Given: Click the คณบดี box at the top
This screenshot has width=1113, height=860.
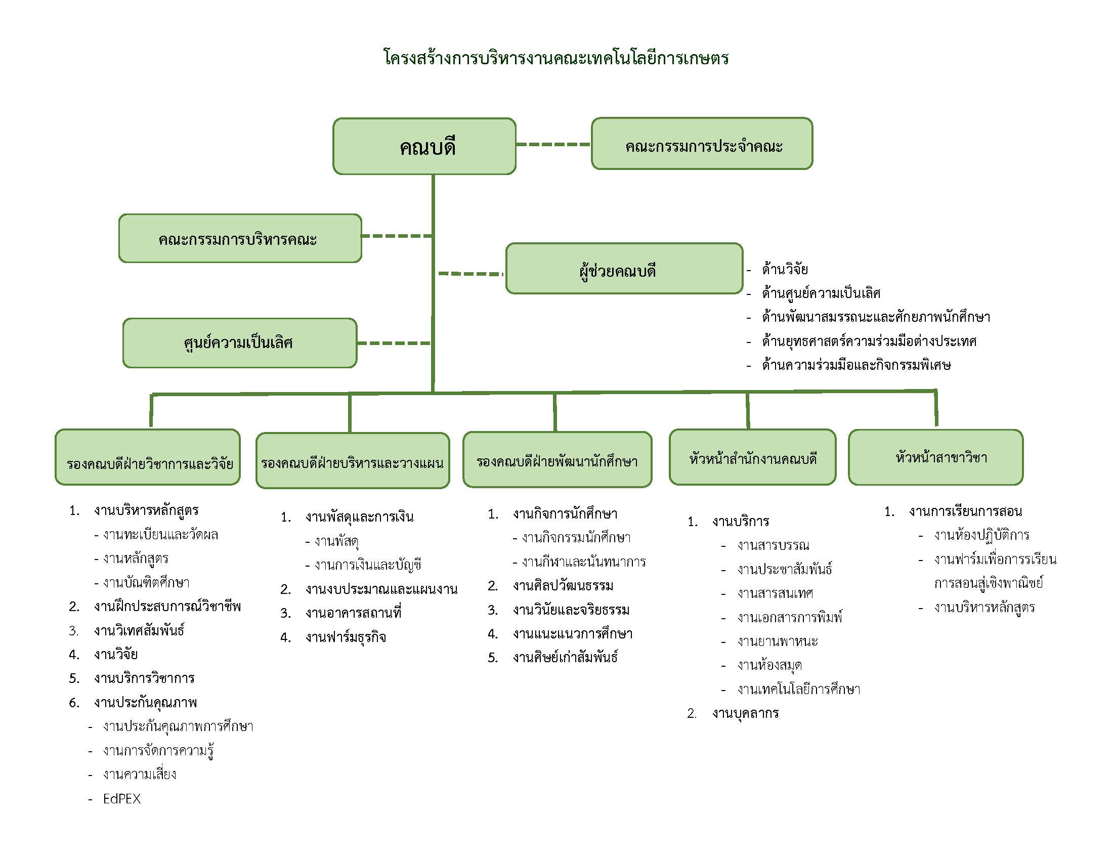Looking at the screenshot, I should [424, 146].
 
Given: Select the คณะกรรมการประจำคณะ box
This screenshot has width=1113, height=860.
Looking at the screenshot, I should [702, 144].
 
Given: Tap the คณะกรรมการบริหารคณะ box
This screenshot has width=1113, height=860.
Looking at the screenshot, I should [240, 238].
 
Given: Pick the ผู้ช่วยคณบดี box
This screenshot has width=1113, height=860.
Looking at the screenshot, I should [624, 269].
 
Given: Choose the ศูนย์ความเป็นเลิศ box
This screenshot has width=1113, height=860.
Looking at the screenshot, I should [239, 343].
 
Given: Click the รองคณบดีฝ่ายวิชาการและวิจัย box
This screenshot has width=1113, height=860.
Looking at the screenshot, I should [148, 457].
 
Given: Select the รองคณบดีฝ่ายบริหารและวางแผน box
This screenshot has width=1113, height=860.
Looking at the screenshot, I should [353, 460].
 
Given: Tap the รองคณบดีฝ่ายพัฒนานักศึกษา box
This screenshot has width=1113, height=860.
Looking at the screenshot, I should [557, 459].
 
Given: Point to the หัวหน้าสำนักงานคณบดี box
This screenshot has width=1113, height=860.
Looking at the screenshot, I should [752, 457].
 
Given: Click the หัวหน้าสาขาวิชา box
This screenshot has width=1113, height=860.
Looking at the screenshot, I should [935, 457].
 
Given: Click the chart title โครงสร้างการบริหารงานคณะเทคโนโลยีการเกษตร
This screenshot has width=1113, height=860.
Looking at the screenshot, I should [556, 58].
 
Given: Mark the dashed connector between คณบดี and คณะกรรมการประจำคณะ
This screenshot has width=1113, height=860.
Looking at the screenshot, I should [553, 144].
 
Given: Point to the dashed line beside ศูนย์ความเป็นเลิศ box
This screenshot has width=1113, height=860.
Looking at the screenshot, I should [394, 343].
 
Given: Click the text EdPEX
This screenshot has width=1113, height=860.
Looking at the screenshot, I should [122, 798].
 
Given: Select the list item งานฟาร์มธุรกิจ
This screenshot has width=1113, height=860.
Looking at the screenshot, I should [346, 637].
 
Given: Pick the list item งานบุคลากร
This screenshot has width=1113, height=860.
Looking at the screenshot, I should [746, 713].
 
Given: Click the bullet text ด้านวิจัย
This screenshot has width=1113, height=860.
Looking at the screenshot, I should [785, 269].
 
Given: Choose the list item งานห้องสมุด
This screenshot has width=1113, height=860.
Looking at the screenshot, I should [769, 665].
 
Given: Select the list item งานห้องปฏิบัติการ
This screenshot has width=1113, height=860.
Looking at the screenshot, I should [981, 535].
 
